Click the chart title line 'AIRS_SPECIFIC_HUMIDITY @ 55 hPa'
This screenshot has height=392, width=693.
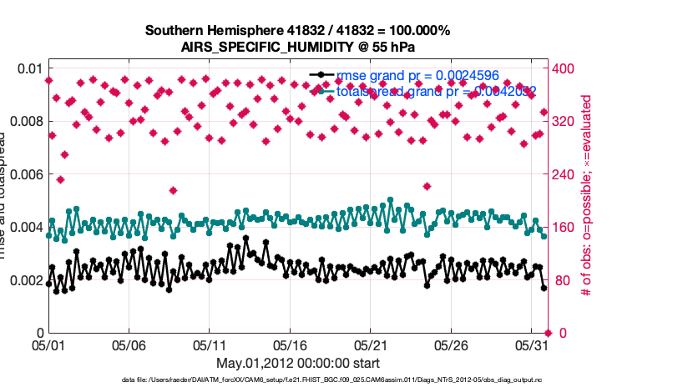[x=298, y=47]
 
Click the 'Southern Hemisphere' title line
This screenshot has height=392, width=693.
[x=298, y=31]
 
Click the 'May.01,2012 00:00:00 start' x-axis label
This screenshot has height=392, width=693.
[x=298, y=363]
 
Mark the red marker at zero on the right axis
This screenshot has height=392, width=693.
[x=547, y=333]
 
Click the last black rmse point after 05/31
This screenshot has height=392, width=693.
[x=544, y=288]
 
